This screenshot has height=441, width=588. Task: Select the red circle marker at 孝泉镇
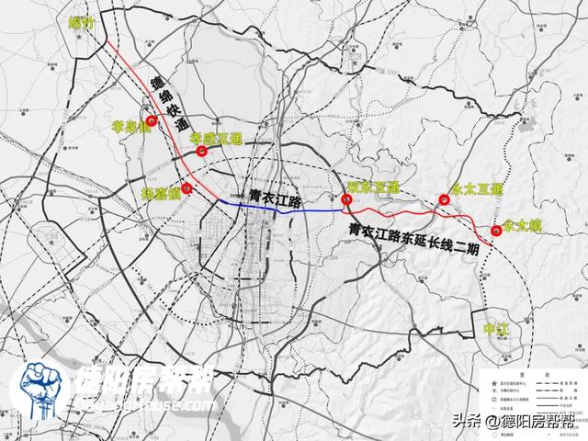pos(151,120)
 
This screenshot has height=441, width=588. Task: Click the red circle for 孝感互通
pos(201,152)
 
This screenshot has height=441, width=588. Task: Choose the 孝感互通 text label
pos(215,137)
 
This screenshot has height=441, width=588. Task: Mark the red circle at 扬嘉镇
pos(187,190)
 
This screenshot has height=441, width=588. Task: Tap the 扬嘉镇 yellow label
pos(161,195)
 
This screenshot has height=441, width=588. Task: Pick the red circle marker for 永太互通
pos(445,198)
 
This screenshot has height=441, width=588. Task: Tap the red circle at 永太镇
pos(497,231)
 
